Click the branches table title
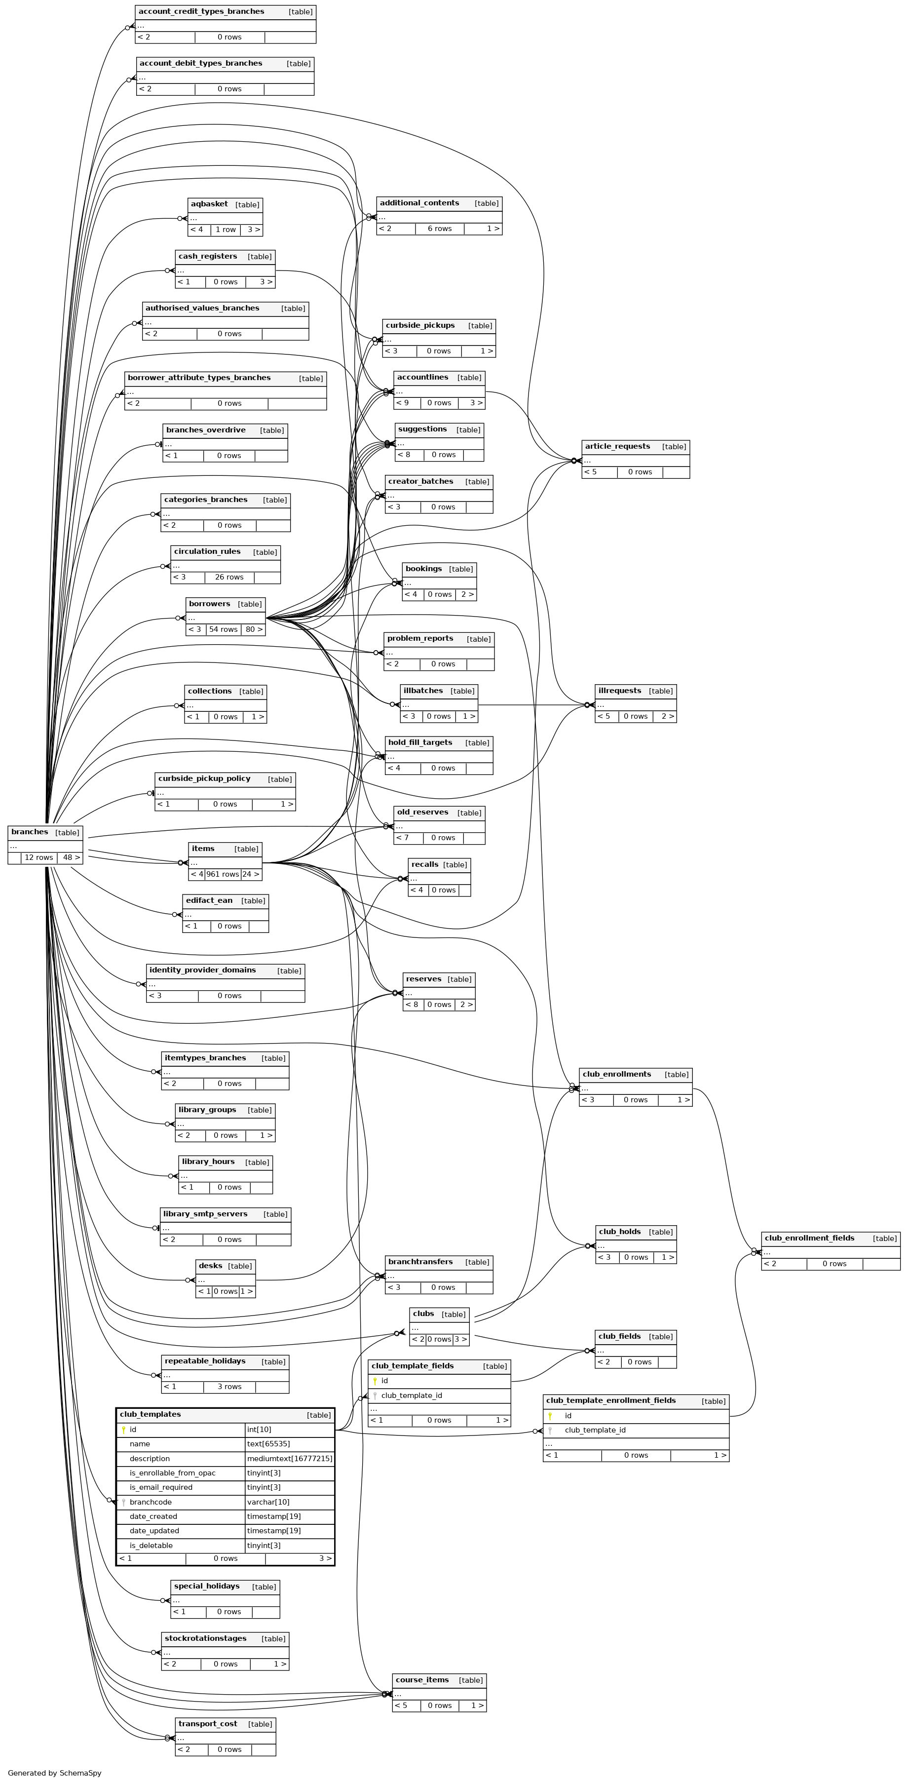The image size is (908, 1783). tap(30, 832)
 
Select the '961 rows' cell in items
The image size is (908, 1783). tap(222, 874)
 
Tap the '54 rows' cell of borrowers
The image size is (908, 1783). tap(223, 629)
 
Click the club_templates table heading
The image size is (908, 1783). tap(150, 1414)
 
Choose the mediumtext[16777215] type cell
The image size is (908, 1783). tap(289, 1458)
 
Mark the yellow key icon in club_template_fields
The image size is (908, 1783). tap(375, 1381)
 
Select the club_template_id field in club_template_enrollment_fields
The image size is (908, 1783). tap(595, 1430)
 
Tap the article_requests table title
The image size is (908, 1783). tap(617, 446)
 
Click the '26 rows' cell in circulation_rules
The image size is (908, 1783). tap(229, 577)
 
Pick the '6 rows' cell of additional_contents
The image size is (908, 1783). tap(440, 229)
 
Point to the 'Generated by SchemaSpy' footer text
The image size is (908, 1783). tap(55, 1773)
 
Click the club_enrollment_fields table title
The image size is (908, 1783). tap(809, 1238)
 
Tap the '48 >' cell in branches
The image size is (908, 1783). tap(71, 857)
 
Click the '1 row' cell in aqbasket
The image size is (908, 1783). tap(226, 229)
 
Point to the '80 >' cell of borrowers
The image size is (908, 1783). tap(254, 629)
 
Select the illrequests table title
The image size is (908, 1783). tap(619, 690)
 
